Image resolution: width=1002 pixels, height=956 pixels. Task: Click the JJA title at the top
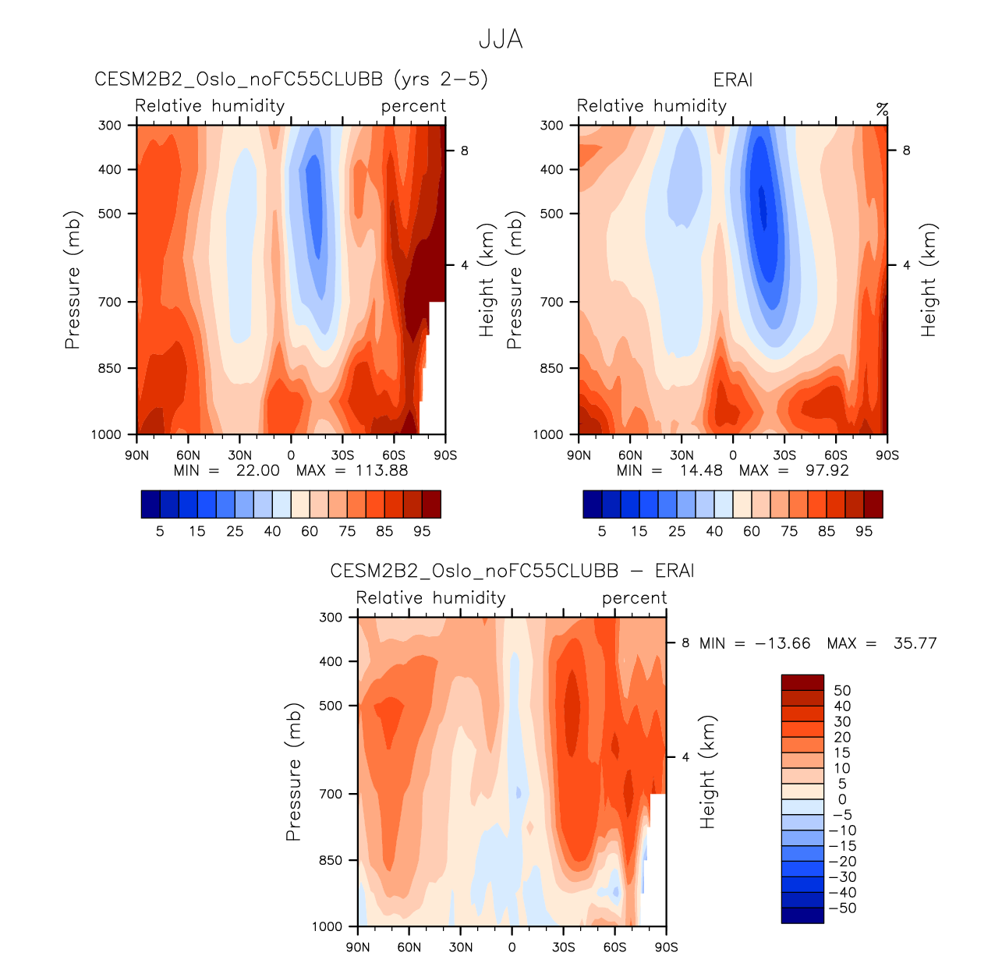(x=501, y=39)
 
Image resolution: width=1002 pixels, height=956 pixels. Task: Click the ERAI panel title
(x=732, y=80)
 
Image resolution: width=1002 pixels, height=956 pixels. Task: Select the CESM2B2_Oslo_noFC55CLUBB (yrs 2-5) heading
(x=291, y=80)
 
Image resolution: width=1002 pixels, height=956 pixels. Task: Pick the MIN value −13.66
(x=782, y=643)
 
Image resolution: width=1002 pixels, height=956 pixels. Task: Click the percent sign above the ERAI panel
(x=882, y=109)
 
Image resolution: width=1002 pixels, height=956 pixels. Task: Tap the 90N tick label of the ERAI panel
(x=579, y=455)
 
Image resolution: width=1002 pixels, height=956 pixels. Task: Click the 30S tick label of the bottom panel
(x=563, y=947)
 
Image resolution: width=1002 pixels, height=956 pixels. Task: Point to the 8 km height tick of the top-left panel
(x=465, y=150)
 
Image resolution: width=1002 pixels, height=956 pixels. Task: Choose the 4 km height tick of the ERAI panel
(x=907, y=265)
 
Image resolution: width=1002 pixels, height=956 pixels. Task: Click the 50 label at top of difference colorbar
(x=842, y=690)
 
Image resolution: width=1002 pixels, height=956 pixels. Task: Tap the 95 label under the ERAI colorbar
(x=864, y=531)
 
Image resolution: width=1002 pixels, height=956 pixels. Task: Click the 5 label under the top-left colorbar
(x=160, y=531)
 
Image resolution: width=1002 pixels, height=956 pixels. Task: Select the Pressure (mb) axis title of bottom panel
(x=293, y=771)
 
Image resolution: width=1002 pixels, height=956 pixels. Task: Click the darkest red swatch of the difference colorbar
(x=802, y=682)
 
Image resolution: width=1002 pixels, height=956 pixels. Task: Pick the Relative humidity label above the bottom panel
(x=430, y=598)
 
